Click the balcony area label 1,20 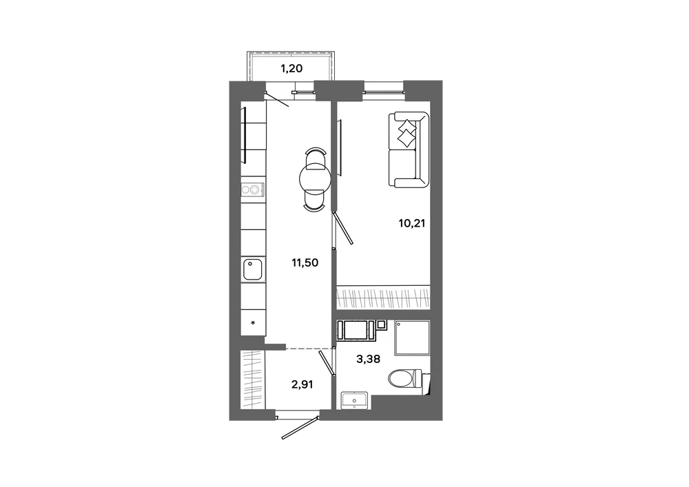point(291,68)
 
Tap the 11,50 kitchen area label point(305,262)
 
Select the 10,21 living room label point(412,223)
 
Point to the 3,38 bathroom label point(368,359)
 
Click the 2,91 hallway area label point(302,384)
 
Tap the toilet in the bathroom point(407,379)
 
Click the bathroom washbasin point(355,400)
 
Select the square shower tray point(412,338)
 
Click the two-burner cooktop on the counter point(253,189)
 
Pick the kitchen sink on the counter point(253,269)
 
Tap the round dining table point(315,178)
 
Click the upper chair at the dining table point(316,157)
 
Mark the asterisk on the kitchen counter point(253,323)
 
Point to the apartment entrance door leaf point(300,426)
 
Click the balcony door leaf point(277,99)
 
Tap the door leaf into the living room point(343,227)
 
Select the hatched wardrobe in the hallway point(253,380)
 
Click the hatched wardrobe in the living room point(383,298)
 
